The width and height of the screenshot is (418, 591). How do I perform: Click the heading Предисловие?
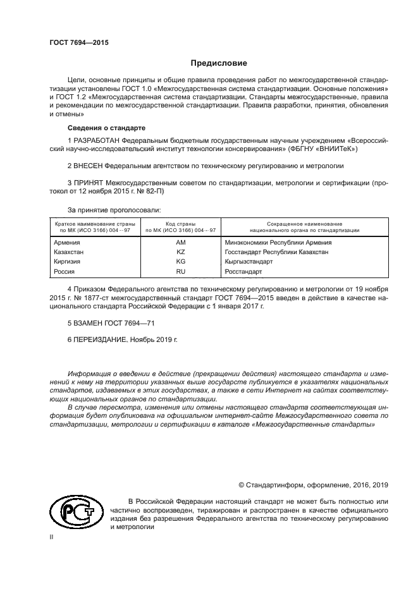click(219, 63)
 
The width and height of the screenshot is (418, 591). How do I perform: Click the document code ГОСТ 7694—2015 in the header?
click(79, 42)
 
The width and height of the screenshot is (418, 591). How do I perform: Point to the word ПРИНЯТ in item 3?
click(90, 183)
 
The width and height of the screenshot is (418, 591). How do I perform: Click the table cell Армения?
click(68, 242)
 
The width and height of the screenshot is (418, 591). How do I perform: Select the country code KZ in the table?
click(180, 252)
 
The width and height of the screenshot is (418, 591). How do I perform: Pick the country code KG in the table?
click(180, 261)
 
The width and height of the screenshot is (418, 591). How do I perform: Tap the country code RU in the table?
click(180, 271)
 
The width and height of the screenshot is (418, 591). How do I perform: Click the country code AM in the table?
click(180, 242)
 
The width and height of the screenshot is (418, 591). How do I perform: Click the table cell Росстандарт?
click(243, 271)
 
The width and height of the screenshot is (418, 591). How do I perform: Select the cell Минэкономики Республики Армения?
click(278, 242)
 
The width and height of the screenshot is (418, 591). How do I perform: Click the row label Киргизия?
click(69, 261)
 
